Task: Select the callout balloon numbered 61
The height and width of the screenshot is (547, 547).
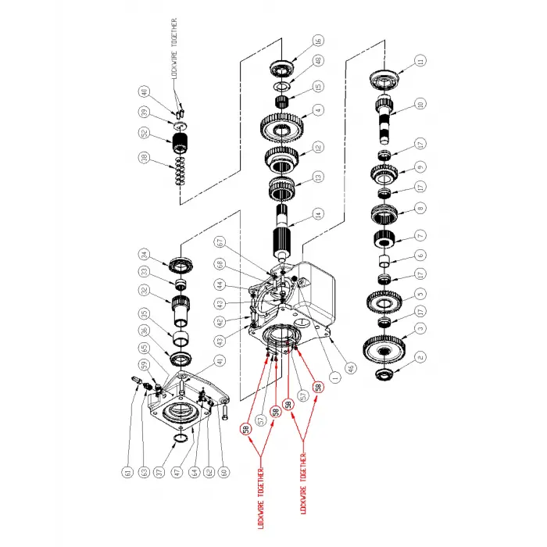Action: coord(124,471)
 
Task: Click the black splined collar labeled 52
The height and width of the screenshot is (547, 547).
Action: coord(181,145)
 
